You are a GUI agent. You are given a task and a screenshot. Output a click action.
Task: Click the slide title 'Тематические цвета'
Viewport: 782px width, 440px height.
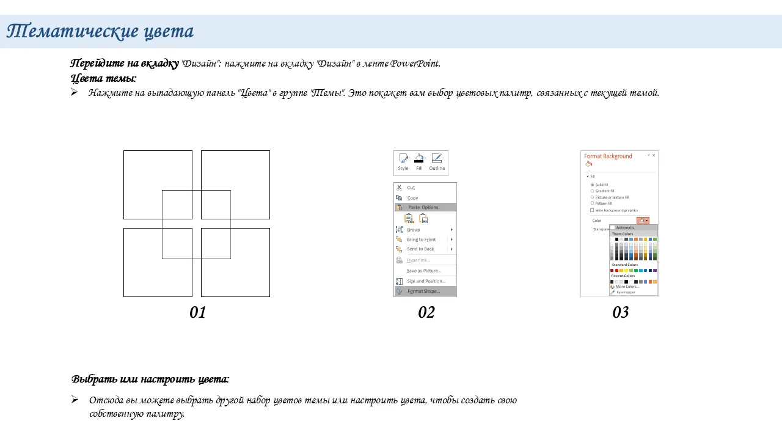[x=100, y=31]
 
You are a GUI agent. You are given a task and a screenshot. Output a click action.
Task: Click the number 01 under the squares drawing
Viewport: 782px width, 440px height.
[x=198, y=313]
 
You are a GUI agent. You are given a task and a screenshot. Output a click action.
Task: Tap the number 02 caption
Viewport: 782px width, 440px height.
[x=426, y=313]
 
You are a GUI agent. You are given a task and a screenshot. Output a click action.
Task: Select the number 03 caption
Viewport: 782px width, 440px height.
[x=621, y=313]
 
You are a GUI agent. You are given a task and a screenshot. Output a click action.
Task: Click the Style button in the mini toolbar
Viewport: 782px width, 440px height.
[x=403, y=162]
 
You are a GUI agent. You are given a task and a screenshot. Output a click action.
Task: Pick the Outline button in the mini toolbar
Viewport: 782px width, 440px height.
[x=437, y=162]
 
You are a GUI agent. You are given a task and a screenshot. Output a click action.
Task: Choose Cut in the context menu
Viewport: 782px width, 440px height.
[x=411, y=188]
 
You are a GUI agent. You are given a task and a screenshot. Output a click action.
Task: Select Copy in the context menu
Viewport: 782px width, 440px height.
[x=413, y=198]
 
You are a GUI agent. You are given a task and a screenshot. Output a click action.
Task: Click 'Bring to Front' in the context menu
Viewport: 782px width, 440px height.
[x=422, y=240]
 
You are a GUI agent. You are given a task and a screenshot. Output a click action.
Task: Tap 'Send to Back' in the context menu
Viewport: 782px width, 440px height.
[x=420, y=249]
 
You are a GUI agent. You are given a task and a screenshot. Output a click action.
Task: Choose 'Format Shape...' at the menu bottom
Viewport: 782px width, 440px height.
[x=423, y=291]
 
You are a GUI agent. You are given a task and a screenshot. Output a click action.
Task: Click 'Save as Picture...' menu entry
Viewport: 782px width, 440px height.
[x=423, y=271]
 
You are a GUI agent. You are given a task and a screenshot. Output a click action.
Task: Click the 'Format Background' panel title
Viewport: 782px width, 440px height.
[x=608, y=156]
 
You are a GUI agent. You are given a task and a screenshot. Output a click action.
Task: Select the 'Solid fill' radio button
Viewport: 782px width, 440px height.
[x=592, y=185]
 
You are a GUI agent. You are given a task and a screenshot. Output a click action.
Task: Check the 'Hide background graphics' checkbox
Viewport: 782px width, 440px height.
[x=592, y=210]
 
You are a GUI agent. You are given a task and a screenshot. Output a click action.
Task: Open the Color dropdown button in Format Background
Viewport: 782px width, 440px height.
[x=643, y=221]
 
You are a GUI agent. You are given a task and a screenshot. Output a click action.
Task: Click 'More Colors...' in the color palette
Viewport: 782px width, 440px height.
[x=627, y=287]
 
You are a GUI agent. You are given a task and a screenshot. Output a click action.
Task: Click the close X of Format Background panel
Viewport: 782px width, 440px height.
[x=654, y=156]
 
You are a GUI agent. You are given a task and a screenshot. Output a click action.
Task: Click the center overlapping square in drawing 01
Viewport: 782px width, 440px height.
[x=196, y=224]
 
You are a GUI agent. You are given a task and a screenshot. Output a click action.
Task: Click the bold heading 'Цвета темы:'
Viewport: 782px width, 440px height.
[x=103, y=78]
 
